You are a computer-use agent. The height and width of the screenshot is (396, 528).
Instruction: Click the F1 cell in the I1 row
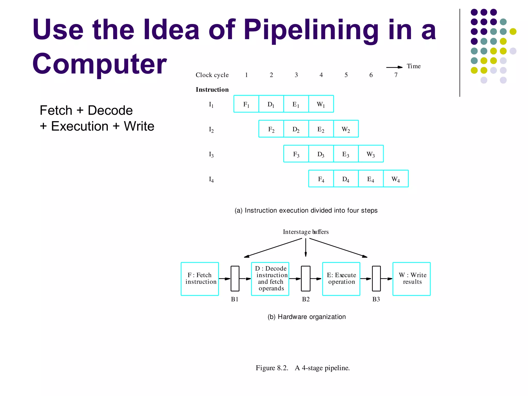tap(246, 104)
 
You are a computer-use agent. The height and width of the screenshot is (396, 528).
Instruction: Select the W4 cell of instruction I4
tap(396, 179)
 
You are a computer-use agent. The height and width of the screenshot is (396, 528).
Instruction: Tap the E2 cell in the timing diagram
tap(321, 129)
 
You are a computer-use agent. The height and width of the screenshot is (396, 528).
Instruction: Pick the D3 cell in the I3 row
tap(321, 154)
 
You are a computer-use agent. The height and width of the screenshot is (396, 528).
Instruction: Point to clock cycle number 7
tap(396, 75)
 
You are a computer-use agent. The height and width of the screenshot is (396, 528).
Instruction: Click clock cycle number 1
tap(246, 75)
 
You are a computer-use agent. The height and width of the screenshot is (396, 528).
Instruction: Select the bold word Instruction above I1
tap(212, 89)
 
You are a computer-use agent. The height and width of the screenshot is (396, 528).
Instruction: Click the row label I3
tap(211, 154)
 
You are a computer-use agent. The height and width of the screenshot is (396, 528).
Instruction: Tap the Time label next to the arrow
tap(414, 66)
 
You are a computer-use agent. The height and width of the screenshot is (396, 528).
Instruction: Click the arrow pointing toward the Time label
tap(394, 67)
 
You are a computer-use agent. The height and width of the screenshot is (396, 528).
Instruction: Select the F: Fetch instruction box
tap(200, 279)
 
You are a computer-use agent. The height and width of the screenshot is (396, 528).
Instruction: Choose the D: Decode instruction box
tap(270, 279)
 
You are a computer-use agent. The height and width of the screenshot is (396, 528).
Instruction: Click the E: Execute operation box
tap(341, 279)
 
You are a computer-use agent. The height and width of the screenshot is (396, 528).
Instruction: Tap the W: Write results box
tap(411, 279)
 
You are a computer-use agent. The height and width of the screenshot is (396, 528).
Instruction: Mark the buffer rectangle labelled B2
tap(306, 279)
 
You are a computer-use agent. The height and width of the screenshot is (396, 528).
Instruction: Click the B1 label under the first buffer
tap(235, 299)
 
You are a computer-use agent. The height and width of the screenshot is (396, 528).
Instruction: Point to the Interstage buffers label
tap(306, 232)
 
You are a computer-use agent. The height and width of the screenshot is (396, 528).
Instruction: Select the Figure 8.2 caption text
tap(303, 368)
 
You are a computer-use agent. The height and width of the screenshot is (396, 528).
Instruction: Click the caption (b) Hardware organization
tap(307, 317)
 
